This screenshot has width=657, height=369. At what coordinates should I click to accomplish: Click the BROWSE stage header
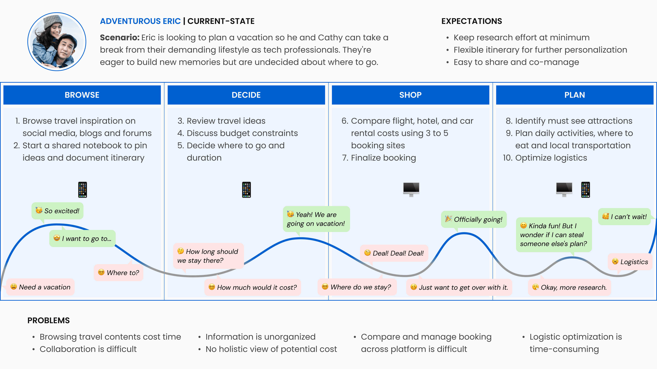click(x=82, y=95)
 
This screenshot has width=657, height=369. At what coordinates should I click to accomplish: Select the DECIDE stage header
click(x=246, y=95)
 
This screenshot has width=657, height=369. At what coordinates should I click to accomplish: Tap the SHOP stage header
click(x=410, y=95)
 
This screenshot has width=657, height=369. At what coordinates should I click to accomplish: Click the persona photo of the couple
click(x=57, y=42)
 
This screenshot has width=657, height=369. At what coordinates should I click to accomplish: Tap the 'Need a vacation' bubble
click(x=41, y=287)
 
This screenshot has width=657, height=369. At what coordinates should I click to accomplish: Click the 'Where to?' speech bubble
click(x=119, y=273)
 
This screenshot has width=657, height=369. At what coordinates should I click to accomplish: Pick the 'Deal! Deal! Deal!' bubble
click(x=394, y=253)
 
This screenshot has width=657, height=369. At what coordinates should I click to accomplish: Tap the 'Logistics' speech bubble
click(x=630, y=262)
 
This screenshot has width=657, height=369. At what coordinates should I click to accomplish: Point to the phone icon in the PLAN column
click(x=586, y=190)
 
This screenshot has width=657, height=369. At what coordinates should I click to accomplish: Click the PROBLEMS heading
click(x=48, y=320)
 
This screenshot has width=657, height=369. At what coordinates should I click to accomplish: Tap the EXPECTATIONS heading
click(x=472, y=21)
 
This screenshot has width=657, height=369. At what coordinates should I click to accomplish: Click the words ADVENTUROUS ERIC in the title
click(x=140, y=21)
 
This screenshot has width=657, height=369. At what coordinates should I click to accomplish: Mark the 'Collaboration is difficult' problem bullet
click(x=88, y=349)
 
